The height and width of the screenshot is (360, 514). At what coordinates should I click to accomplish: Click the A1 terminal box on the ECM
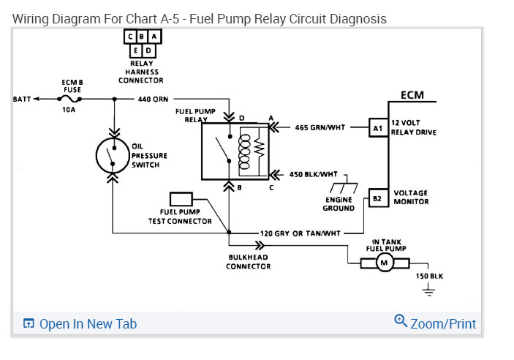pyautogui.click(x=377, y=127)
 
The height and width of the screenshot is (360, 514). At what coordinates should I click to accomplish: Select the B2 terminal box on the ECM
pyautogui.click(x=377, y=198)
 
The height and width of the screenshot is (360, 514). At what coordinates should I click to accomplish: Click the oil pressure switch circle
pyautogui.click(x=113, y=155)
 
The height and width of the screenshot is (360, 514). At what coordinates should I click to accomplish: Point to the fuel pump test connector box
pyautogui.click(x=181, y=199)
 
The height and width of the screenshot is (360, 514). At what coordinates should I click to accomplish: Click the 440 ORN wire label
pyautogui.click(x=154, y=99)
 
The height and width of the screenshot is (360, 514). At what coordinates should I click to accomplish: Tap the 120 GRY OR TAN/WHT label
pyautogui.click(x=301, y=233)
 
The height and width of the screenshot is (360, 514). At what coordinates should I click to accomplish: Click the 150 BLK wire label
pyautogui.click(x=430, y=276)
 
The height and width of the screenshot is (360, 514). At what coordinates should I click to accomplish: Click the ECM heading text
pyautogui.click(x=412, y=95)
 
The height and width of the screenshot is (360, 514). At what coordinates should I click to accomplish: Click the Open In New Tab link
pyautogui.click(x=80, y=323)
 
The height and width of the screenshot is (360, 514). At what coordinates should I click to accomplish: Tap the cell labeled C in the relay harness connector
pyautogui.click(x=130, y=37)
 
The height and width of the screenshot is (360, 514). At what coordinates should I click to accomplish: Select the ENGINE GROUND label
pyautogui.click(x=338, y=203)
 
